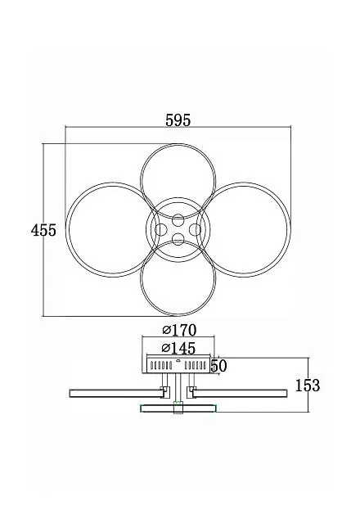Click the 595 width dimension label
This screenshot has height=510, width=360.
[x=178, y=120]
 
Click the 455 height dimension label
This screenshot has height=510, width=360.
[x=43, y=230]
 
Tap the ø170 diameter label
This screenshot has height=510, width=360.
[x=179, y=330]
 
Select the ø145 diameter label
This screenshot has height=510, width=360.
[x=178, y=348]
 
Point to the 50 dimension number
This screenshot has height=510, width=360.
[x=218, y=366]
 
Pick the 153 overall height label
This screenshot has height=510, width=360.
[x=308, y=386]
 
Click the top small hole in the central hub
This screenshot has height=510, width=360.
[x=178, y=220]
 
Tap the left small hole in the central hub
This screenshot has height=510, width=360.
[x=161, y=230]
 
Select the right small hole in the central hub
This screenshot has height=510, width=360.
[x=195, y=230]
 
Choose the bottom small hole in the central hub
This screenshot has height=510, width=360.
[x=178, y=239]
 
